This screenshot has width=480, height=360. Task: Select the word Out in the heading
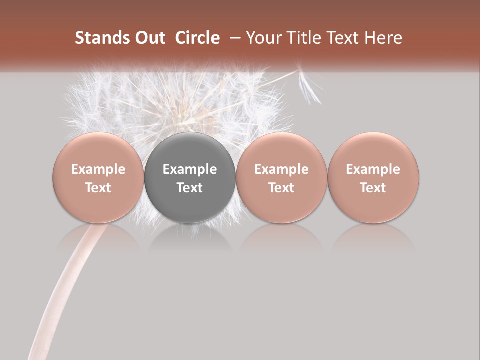[150, 38]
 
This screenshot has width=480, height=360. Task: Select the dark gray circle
[190, 178]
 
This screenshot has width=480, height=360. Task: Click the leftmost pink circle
[98, 178]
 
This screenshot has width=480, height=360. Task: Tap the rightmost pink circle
[373, 178]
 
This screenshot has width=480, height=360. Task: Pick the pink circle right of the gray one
[281, 178]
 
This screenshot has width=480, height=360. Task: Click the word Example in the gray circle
[190, 169]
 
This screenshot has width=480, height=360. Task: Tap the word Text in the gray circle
[190, 188]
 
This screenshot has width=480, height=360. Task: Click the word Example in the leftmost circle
[98, 169]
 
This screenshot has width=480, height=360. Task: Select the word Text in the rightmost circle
[373, 188]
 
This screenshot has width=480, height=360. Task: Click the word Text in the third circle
[281, 188]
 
